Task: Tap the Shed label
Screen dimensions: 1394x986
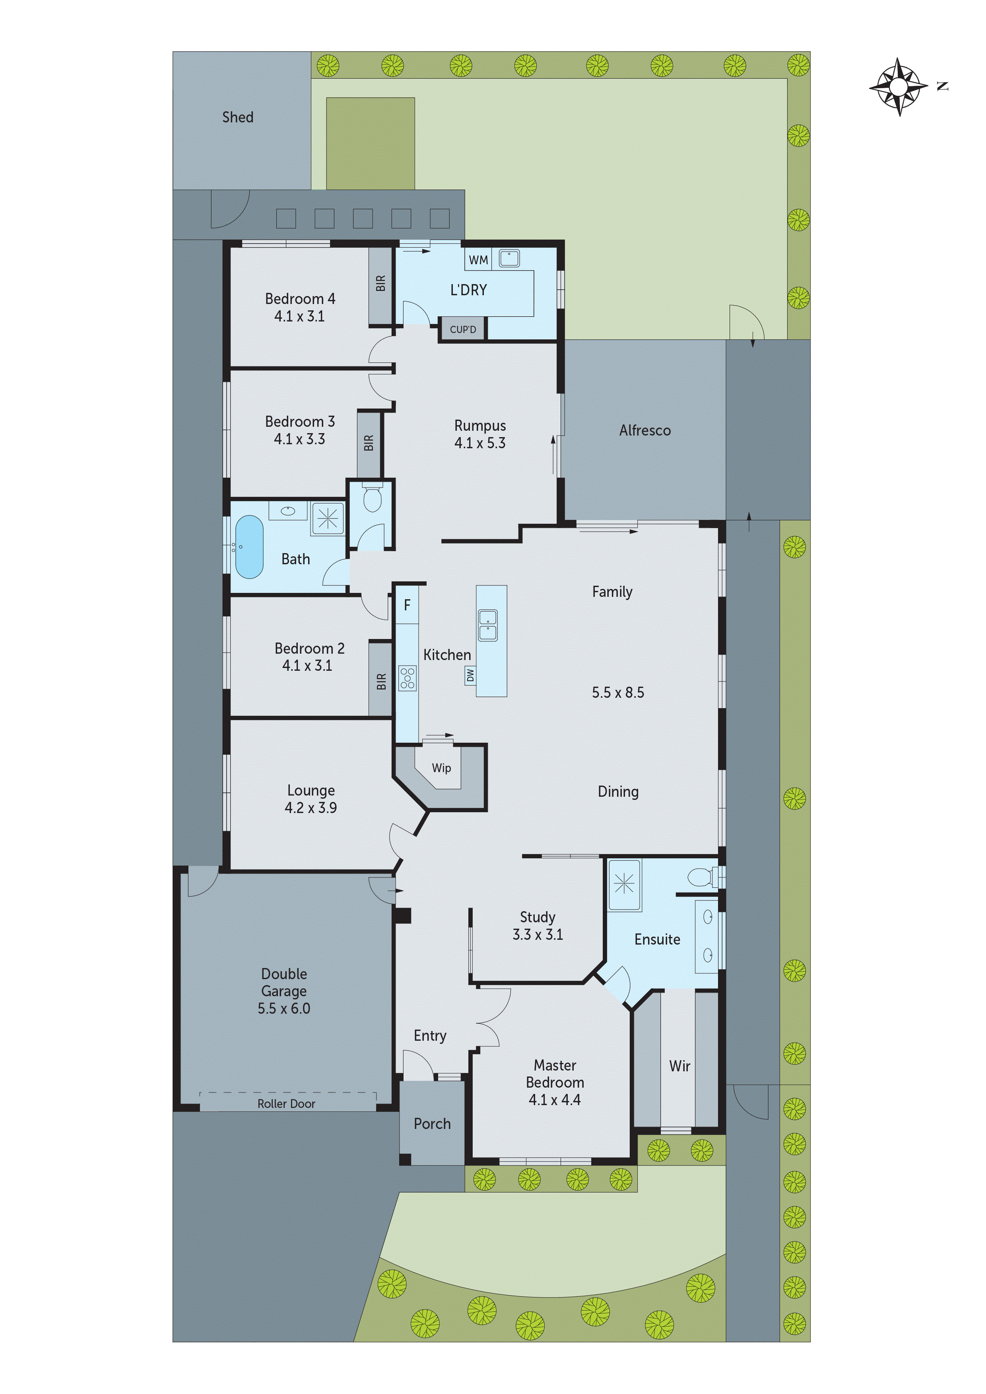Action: pyautogui.click(x=237, y=117)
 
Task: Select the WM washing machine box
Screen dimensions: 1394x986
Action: pyautogui.click(x=478, y=260)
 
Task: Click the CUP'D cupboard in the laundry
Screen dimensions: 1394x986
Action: pyautogui.click(x=462, y=329)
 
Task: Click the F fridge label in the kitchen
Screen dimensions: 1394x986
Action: pyautogui.click(x=407, y=605)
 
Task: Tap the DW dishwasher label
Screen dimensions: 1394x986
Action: pyautogui.click(x=470, y=674)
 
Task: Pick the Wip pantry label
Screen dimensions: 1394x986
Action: pyautogui.click(x=441, y=768)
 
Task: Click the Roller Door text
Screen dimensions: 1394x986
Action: pyautogui.click(x=286, y=1104)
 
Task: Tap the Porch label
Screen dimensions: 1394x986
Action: pyautogui.click(x=432, y=1124)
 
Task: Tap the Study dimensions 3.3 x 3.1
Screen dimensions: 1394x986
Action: pyautogui.click(x=538, y=934)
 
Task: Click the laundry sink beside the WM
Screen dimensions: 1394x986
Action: pyautogui.click(x=509, y=259)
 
